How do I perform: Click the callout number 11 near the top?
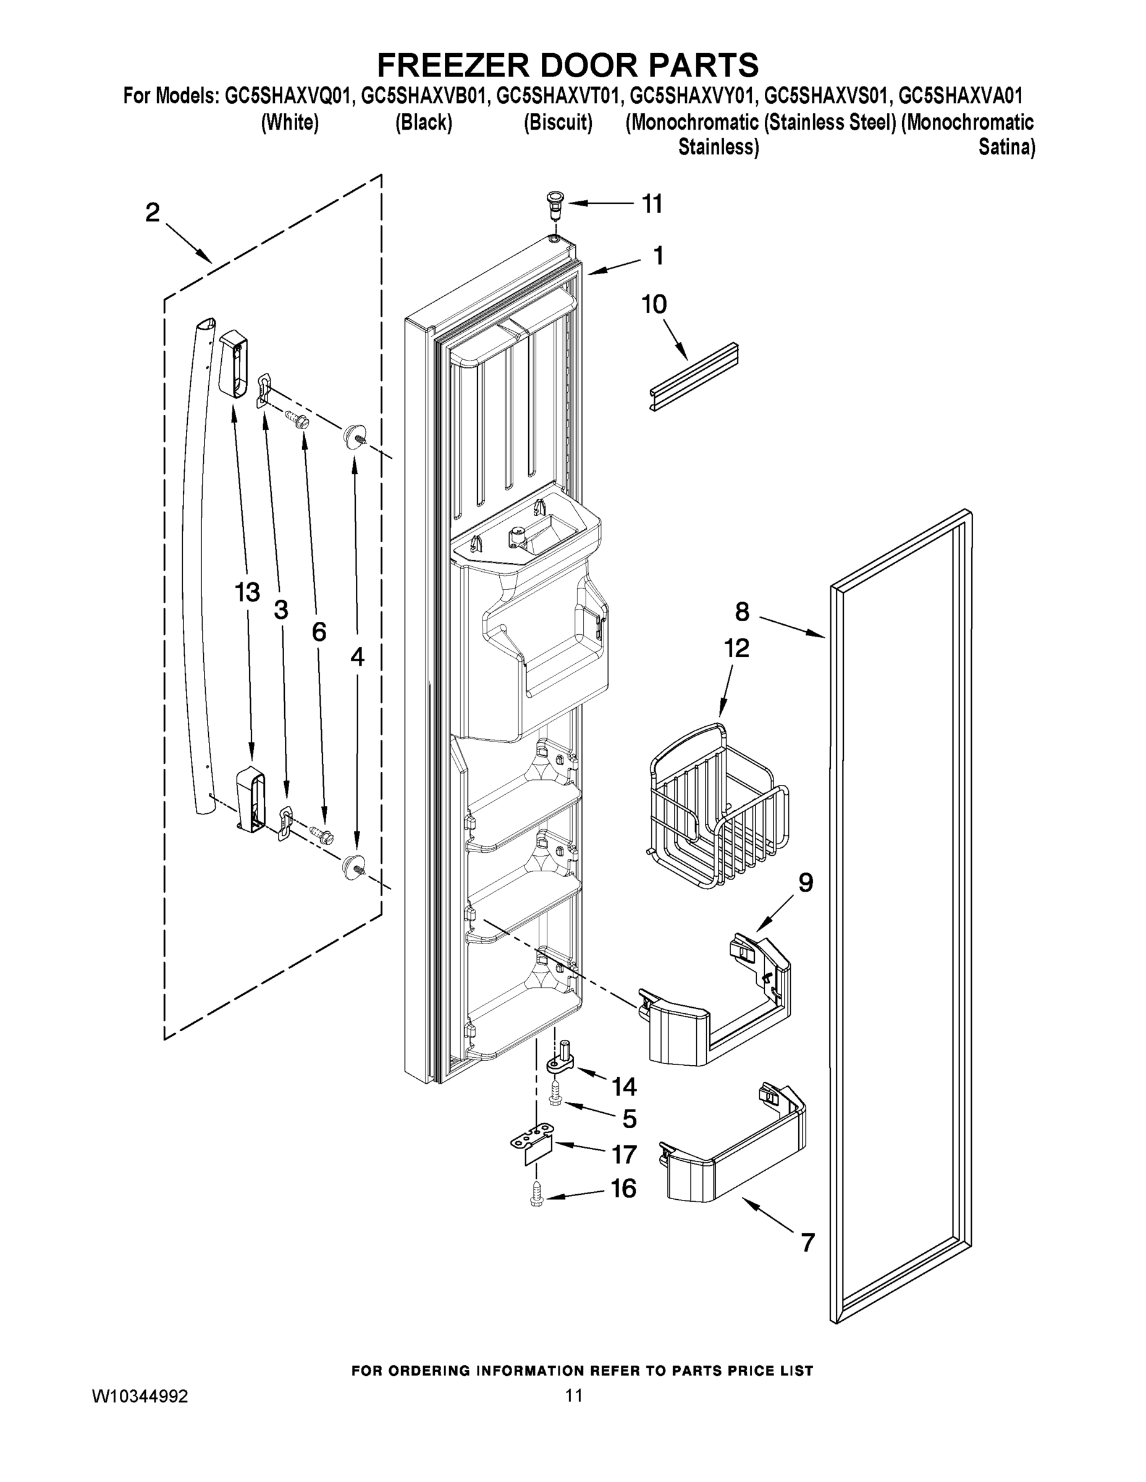point(652,204)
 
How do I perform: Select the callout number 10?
point(654,304)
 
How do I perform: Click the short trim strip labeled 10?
point(693,379)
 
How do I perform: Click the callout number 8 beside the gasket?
point(742,612)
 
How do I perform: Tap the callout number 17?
point(624,1155)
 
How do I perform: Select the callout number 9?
point(805,883)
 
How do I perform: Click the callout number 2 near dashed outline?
point(152,212)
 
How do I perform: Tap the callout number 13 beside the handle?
point(247,592)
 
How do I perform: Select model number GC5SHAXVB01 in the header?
point(424,96)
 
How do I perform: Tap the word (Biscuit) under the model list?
point(557,123)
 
